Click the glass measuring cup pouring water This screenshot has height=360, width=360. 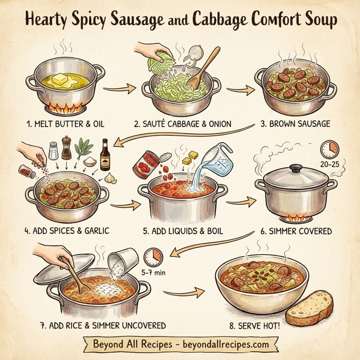213,158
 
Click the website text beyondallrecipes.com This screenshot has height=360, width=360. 223,346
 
